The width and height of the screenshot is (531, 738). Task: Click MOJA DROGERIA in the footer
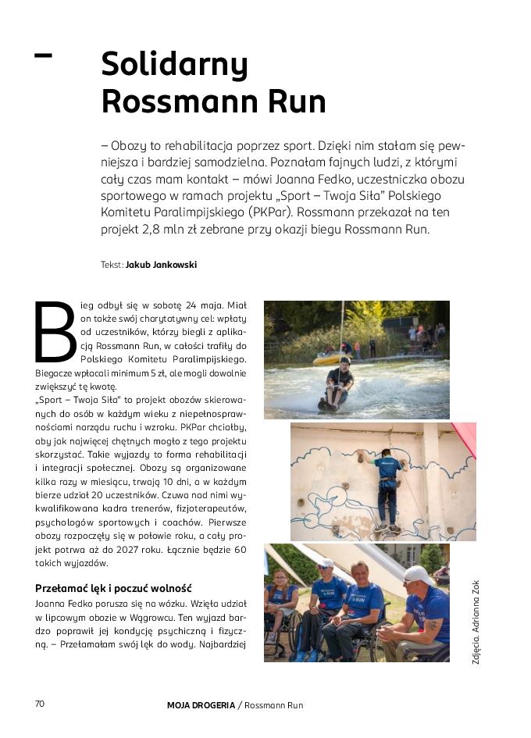tap(201, 705)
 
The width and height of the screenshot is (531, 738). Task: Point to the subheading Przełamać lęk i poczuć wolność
tap(114, 588)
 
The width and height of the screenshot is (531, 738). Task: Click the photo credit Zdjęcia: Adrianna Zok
tap(476, 622)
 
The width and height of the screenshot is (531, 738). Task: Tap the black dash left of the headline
tap(44, 55)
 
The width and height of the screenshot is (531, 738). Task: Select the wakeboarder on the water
tap(338, 384)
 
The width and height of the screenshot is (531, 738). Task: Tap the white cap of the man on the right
tap(419, 575)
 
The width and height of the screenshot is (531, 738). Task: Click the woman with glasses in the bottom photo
tap(281, 601)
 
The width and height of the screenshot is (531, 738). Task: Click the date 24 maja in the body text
tap(205, 306)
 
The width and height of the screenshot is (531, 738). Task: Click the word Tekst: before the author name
tap(112, 265)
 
